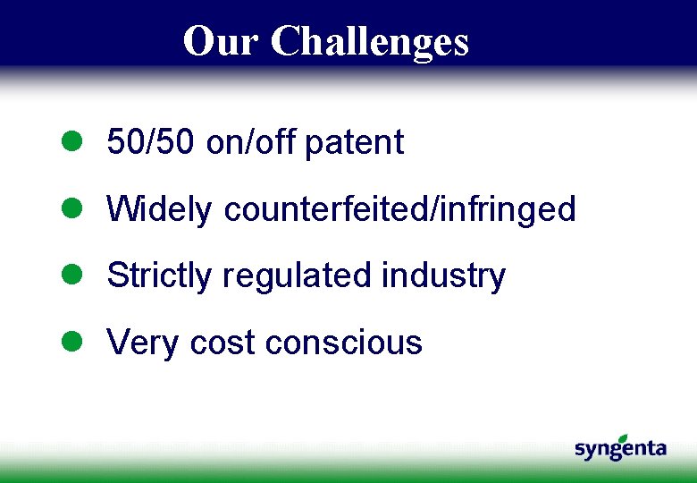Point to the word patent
point(354,142)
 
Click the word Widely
point(159,209)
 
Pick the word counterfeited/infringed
point(399,209)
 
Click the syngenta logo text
point(620,450)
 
